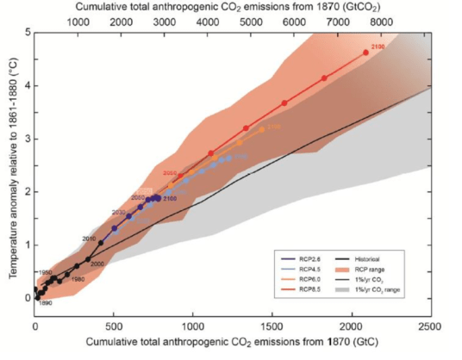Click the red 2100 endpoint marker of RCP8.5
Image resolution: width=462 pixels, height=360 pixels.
(x=365, y=53)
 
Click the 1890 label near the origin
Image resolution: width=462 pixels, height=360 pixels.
(x=46, y=303)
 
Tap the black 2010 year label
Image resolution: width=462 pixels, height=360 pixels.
(x=89, y=238)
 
